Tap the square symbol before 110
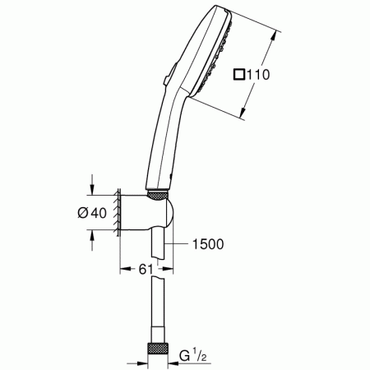(238, 75)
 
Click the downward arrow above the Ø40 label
(93, 187)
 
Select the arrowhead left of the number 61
(124, 269)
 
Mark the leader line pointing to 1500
(176, 244)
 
